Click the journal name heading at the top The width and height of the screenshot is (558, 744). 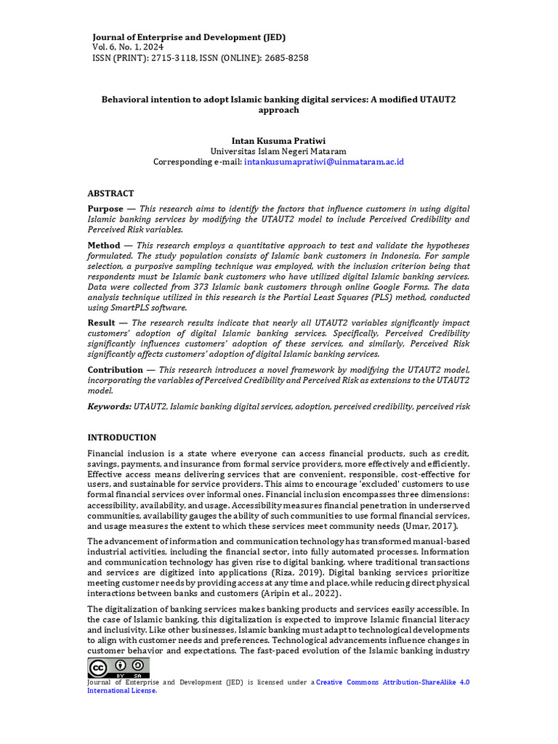[x=189, y=37]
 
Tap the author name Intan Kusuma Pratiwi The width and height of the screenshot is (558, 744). [x=278, y=140]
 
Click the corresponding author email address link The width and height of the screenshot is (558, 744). [x=324, y=161]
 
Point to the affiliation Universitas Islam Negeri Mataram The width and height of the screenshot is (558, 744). [x=278, y=151]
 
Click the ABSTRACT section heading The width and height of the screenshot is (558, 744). [x=110, y=193]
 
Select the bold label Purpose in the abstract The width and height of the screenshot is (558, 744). [x=105, y=209]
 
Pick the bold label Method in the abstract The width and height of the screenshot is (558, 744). [x=104, y=246]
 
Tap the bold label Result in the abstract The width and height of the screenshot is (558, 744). [x=102, y=323]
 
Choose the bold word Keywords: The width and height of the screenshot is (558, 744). [x=109, y=406]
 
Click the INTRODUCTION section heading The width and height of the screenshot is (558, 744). [x=121, y=437]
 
